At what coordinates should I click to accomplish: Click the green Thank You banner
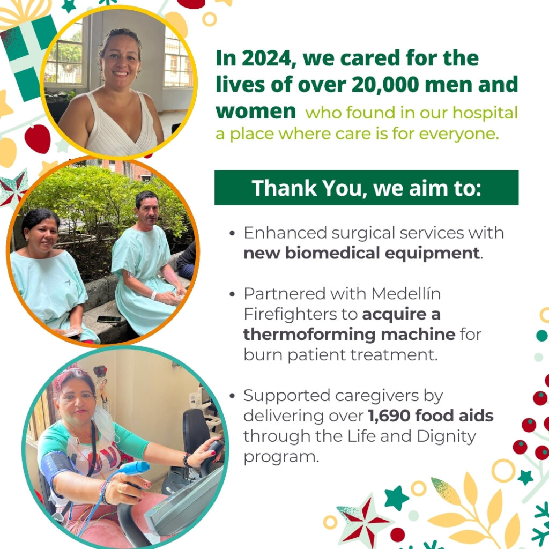pos(366,188)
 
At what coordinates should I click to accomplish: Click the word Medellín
pos(406,293)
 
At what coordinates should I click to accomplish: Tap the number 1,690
pos(389,416)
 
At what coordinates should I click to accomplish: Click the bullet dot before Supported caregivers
pos(232,396)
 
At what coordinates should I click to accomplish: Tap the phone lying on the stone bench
pos(109,319)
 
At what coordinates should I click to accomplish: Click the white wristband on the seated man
pos(154,295)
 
